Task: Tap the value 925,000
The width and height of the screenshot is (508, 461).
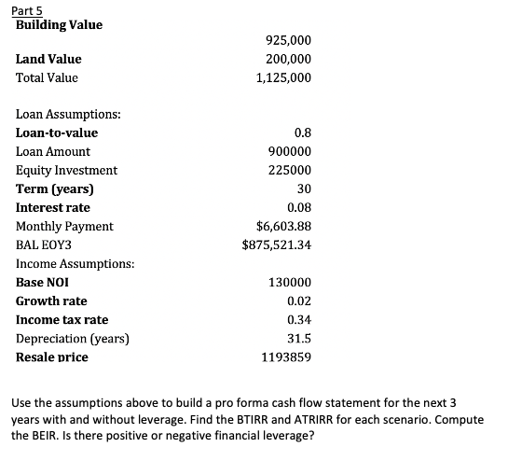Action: click(x=289, y=40)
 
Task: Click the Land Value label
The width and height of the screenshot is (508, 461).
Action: click(x=48, y=59)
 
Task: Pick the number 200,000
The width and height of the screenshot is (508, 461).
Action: click(x=289, y=59)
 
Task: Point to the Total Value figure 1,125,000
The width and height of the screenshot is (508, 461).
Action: click(x=284, y=77)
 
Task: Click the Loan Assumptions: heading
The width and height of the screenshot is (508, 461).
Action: click(x=68, y=114)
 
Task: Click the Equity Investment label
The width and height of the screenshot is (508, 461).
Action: click(x=67, y=170)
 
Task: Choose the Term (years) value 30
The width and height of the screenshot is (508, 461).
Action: click(x=303, y=189)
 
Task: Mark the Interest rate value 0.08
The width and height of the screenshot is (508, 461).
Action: click(x=298, y=207)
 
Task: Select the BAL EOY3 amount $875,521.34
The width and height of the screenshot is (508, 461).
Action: click(x=276, y=244)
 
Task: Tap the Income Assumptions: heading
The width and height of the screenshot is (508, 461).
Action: click(x=76, y=263)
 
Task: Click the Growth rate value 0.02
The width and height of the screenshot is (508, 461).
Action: click(x=298, y=300)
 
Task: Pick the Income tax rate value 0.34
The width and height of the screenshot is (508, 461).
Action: click(x=298, y=319)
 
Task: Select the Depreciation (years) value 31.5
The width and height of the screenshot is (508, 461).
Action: click(x=298, y=338)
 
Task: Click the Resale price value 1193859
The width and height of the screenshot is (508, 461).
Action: click(x=287, y=357)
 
